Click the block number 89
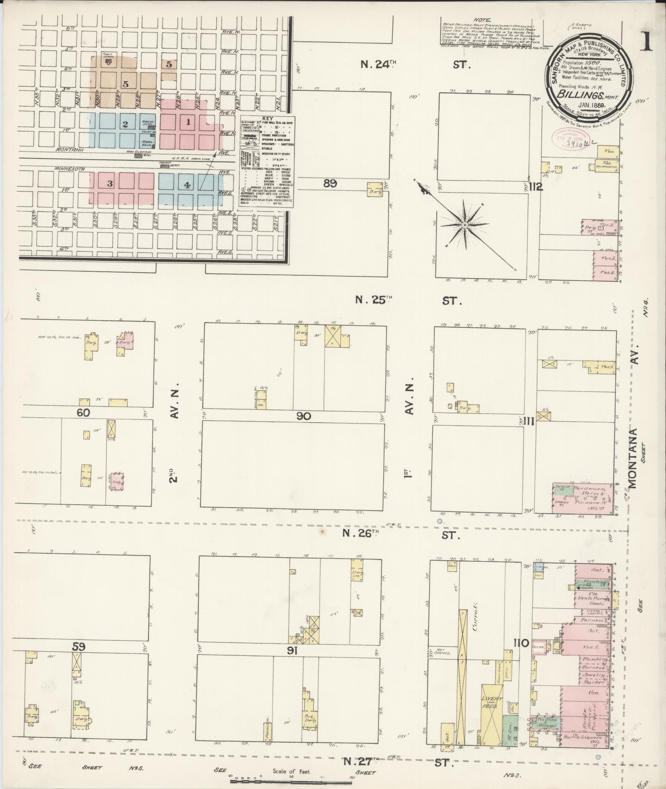[x=330, y=184]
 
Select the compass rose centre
[x=465, y=225]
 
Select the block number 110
[x=521, y=654]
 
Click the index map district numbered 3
[x=110, y=184]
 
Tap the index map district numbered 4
[x=187, y=185]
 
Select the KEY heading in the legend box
[x=268, y=118]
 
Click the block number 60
[x=83, y=412]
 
